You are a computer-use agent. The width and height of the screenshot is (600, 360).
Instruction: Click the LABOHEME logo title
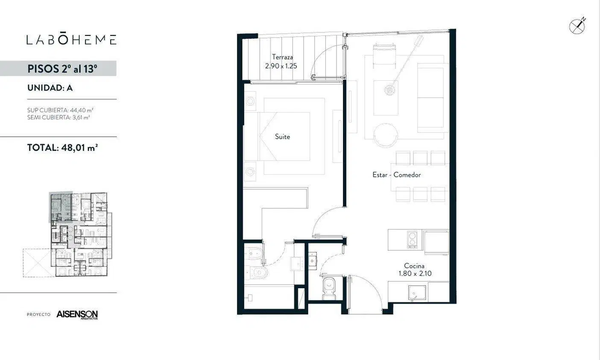tap(71, 39)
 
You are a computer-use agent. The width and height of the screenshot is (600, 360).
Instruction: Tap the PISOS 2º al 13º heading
tap(62, 69)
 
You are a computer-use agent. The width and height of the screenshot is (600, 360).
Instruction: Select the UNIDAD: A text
tap(50, 88)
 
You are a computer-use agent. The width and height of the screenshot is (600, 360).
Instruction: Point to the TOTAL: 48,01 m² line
tap(62, 148)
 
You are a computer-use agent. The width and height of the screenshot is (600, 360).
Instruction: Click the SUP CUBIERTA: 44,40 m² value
tap(60, 110)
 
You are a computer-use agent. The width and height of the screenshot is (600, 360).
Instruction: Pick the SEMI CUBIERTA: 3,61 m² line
tap(59, 117)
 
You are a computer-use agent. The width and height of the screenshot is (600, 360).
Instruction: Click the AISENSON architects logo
tap(77, 314)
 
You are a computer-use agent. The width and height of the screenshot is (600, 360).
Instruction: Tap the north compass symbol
tap(577, 26)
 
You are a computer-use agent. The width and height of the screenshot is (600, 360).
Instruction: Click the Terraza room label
tap(282, 57)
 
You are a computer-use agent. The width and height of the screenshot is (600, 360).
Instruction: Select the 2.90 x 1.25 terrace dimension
tap(281, 66)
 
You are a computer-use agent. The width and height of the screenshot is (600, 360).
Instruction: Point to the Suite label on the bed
tap(282, 137)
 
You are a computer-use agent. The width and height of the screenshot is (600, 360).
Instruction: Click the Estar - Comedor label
tap(396, 175)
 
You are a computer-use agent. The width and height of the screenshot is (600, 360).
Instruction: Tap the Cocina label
tap(414, 266)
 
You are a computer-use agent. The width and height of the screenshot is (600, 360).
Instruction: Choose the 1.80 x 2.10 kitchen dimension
tap(415, 273)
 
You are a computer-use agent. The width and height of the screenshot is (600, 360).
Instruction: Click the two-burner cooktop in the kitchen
tap(412, 239)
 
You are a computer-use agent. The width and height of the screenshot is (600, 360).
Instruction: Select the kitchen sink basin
tap(417, 293)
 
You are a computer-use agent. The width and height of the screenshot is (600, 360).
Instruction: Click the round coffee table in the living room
tap(386, 135)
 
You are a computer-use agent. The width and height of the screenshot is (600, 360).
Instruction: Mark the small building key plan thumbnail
tap(67, 234)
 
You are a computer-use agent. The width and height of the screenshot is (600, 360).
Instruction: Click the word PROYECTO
tap(38, 314)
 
